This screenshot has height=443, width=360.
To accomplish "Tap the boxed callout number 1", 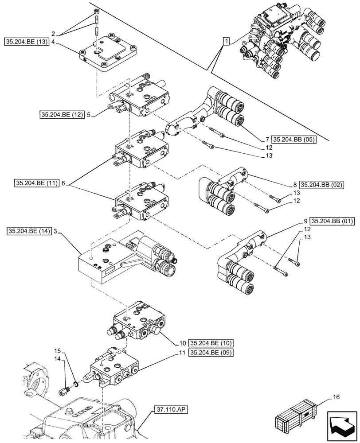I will click(227, 42).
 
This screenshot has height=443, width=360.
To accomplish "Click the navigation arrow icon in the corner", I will click(342, 426).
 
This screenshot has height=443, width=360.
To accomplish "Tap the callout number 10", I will click(182, 343).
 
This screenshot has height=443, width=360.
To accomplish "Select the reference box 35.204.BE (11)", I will click(37, 183).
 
